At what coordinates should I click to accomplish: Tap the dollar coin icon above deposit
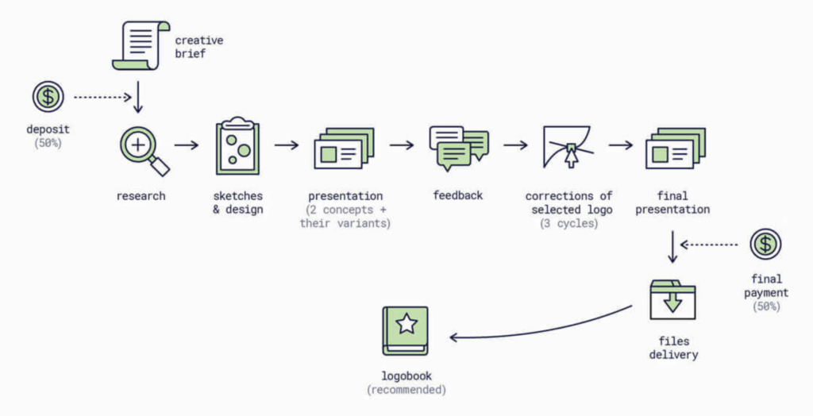(x=48, y=97)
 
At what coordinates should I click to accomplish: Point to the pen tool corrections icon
(x=568, y=147)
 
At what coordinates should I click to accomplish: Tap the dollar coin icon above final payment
(x=765, y=244)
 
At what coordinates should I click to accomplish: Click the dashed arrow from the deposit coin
(x=102, y=97)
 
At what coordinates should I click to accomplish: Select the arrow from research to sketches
(x=186, y=145)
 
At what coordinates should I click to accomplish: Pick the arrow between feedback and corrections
(x=515, y=145)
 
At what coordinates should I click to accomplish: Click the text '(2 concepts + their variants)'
(x=345, y=217)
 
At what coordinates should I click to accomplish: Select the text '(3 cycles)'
(x=568, y=223)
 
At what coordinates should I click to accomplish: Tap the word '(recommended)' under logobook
(x=406, y=390)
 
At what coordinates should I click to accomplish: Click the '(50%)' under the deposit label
(x=48, y=143)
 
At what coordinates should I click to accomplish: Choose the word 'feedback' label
(x=458, y=195)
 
